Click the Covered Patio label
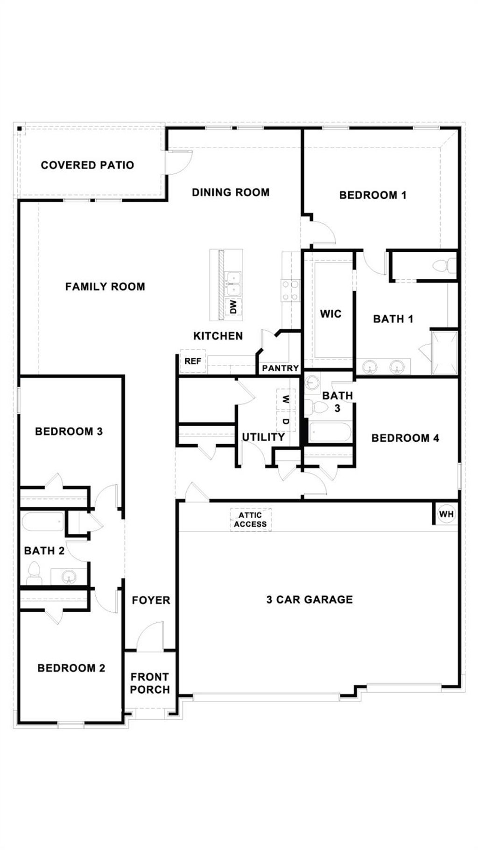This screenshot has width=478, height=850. click(x=87, y=165)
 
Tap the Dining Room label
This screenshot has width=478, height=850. click(x=231, y=192)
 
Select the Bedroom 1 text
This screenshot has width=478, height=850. click(x=373, y=195)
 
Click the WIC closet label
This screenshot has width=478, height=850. click(x=330, y=314)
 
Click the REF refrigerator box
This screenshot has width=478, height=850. click(x=193, y=361)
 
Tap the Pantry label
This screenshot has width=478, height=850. click(x=280, y=368)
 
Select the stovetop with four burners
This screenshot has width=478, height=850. click(x=289, y=290)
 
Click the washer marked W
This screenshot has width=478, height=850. click(x=286, y=399)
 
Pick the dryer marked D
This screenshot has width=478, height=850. click(x=286, y=421)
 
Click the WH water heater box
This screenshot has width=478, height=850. click(x=446, y=514)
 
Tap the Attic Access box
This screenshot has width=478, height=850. click(x=251, y=520)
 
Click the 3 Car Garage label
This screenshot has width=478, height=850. click(x=309, y=599)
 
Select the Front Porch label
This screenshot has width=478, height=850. click(x=150, y=683)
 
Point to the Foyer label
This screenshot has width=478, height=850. click(x=151, y=600)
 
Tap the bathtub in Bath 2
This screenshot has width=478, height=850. click(x=42, y=522)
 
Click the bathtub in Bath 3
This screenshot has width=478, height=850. click(x=330, y=432)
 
